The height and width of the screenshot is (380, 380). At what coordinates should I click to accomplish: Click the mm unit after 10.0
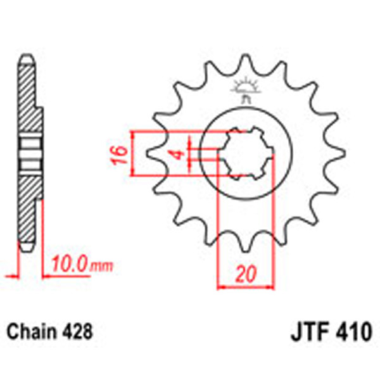tap(101, 265)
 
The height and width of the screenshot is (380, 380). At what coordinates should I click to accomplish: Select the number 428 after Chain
tap(78, 332)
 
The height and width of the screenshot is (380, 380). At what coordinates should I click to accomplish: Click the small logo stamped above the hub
tap(246, 88)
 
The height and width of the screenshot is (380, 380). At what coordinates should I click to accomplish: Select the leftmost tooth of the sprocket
tap(154, 153)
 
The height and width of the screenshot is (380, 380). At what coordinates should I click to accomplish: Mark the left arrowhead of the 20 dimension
tap(221, 287)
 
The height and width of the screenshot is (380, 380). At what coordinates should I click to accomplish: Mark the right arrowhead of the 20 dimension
tap(271, 287)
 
